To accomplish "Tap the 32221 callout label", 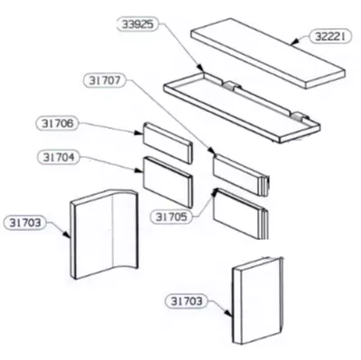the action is (x=330, y=37).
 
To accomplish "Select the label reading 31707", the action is (x=105, y=80).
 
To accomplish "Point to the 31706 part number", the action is (x=57, y=124).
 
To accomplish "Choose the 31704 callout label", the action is (x=59, y=157).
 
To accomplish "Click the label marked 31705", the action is (x=171, y=217).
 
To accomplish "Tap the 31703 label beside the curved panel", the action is (x=24, y=223).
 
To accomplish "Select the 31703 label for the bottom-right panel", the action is (x=187, y=301).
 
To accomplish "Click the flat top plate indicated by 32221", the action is (x=268, y=53).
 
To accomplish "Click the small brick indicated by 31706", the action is (x=168, y=143).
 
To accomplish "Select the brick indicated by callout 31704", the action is (x=168, y=181).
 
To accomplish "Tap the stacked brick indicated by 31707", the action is (x=241, y=175).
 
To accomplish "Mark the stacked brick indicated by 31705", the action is (x=241, y=213).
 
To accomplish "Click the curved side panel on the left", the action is (x=104, y=234).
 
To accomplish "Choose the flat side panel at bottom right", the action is (x=257, y=300).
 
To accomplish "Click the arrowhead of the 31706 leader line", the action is (x=139, y=133).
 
